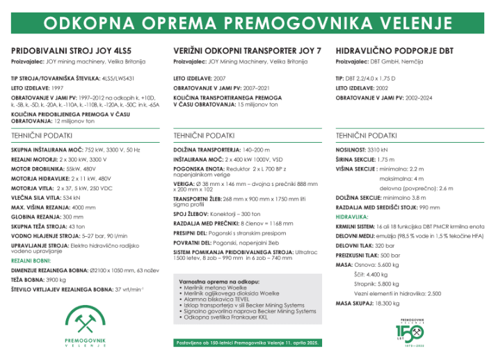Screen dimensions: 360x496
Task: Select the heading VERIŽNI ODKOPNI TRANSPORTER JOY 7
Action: click(x=247, y=51)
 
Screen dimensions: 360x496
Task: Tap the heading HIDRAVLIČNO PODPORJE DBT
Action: click(x=394, y=51)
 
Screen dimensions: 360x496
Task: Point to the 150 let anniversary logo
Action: click(x=411, y=331)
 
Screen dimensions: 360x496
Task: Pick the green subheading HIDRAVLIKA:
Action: click(x=352, y=217)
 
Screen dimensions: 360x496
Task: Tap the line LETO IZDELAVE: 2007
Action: click(x=200, y=79)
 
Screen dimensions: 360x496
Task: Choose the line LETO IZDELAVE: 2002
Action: click(x=362, y=88)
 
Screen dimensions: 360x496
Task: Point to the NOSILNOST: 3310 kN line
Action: click(x=362, y=149)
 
